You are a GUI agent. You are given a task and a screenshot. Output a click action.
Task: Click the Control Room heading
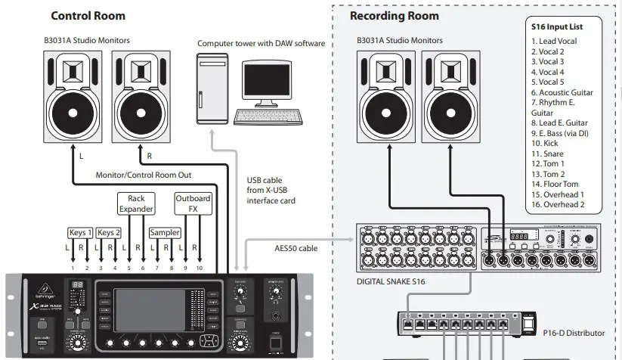[88, 15]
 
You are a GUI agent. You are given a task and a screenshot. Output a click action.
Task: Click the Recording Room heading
[394, 15]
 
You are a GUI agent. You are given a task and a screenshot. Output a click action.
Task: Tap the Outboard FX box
[193, 203]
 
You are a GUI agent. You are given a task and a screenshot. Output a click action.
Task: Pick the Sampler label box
[165, 232]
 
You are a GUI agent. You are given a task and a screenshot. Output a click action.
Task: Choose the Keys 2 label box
[109, 232]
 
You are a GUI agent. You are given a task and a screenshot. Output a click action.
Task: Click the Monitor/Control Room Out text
[144, 175]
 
